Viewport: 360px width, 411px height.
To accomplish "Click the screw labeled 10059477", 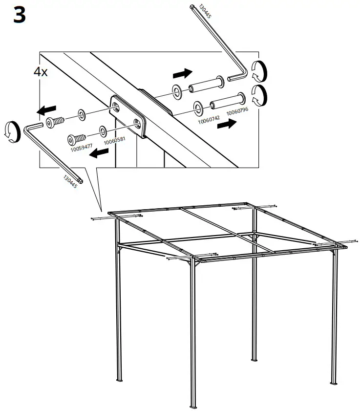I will [77, 138].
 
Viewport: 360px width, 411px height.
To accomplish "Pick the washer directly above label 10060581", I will [103, 130].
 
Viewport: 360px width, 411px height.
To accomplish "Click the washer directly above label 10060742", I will [198, 106].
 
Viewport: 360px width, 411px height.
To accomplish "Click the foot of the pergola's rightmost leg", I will [334, 383].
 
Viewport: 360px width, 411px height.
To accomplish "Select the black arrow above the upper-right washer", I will [182, 73].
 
